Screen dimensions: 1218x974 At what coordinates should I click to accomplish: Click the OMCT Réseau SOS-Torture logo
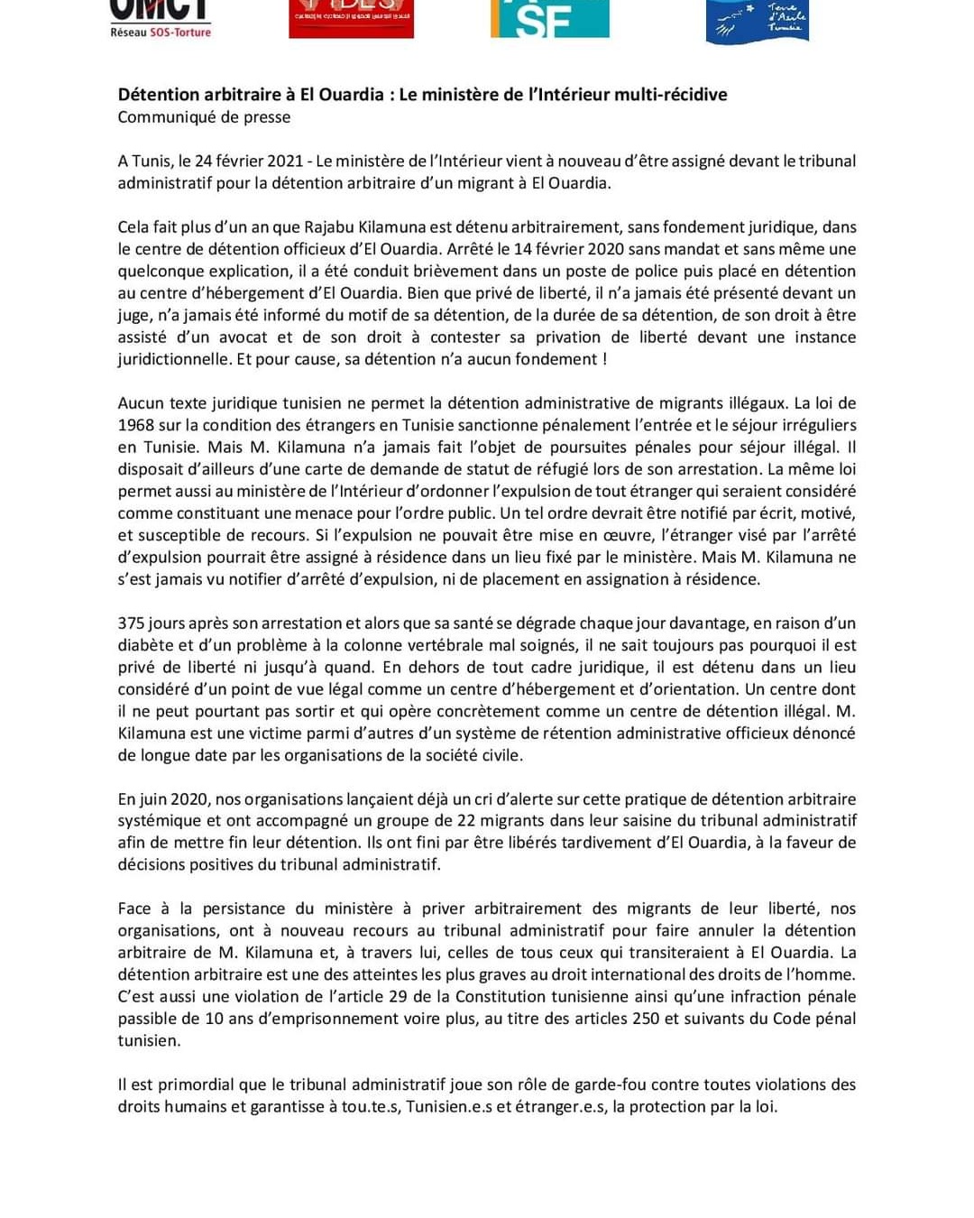click(161, 19)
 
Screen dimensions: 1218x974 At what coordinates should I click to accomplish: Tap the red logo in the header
click(351, 19)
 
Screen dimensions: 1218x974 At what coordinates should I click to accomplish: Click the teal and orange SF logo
click(549, 19)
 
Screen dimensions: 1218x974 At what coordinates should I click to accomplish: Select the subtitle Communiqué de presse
click(204, 117)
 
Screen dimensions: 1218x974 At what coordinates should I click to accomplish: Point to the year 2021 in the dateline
click(285, 161)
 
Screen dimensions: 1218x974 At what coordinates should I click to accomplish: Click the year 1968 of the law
click(136, 425)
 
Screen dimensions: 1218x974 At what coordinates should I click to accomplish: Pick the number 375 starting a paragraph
click(131, 623)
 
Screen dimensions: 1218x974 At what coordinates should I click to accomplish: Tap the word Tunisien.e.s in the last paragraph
click(449, 1107)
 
